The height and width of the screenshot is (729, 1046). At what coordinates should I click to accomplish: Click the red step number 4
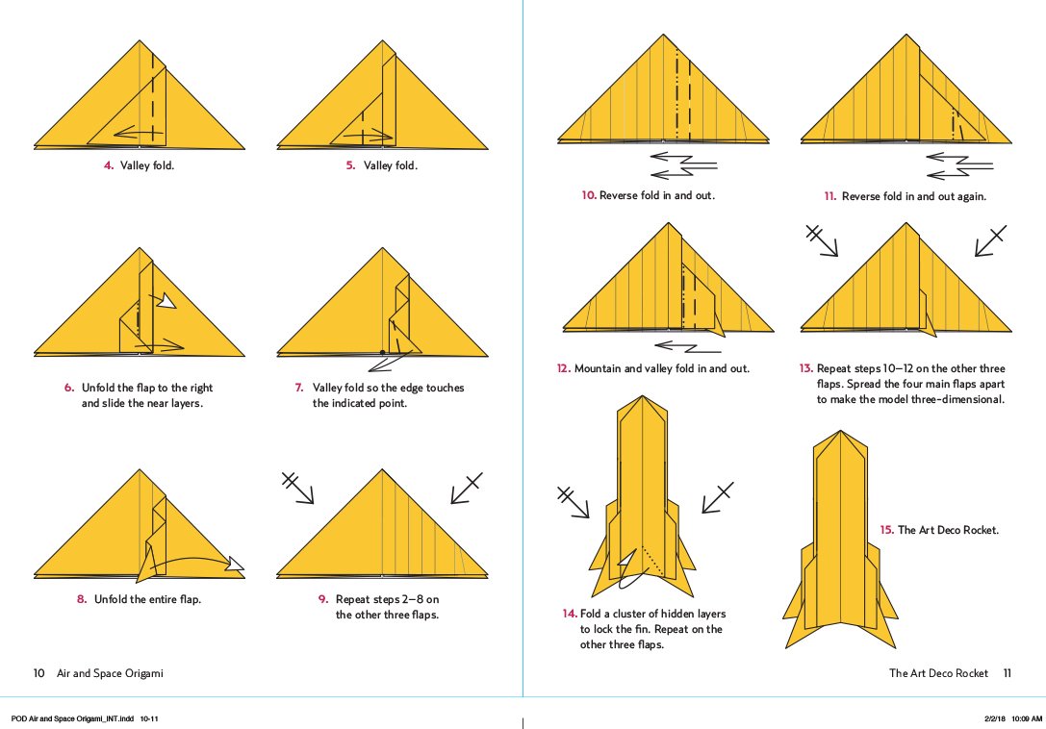(109, 165)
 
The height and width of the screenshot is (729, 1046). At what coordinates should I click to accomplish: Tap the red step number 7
(299, 388)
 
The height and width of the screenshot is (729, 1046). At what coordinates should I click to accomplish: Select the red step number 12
(564, 368)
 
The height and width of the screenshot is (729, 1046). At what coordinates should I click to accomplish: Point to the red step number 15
(886, 530)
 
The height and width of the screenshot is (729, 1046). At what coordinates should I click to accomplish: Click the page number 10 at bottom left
(39, 673)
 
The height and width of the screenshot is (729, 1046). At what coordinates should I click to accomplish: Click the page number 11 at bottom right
(1007, 673)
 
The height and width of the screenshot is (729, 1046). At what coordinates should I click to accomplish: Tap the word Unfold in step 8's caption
(112, 599)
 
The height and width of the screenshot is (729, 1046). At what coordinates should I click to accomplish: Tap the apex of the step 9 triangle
(382, 470)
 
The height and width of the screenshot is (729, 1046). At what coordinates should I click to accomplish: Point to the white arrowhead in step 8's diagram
(234, 565)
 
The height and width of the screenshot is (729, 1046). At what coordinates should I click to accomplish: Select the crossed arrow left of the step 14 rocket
(575, 503)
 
